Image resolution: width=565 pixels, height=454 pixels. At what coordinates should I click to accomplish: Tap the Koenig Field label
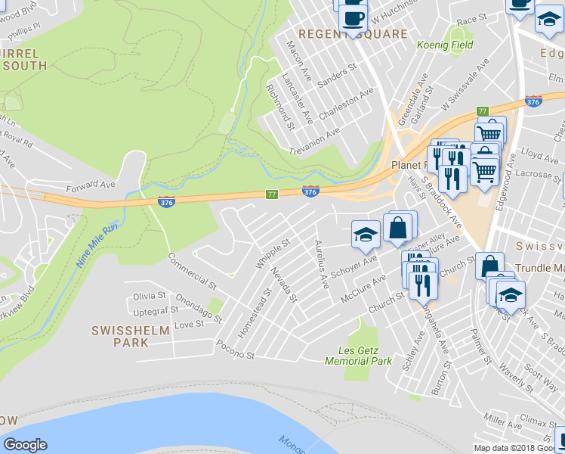[446, 45]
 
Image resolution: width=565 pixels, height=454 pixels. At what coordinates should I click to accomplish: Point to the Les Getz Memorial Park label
[358, 356]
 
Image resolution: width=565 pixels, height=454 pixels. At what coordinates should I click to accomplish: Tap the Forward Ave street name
[91, 185]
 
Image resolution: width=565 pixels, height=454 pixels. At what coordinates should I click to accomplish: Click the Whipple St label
[273, 254]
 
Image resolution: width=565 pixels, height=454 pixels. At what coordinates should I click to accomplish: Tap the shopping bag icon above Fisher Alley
[397, 228]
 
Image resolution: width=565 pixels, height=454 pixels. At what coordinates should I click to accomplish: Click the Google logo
[25, 445]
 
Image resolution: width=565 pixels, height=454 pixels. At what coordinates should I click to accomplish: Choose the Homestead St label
[266, 303]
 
